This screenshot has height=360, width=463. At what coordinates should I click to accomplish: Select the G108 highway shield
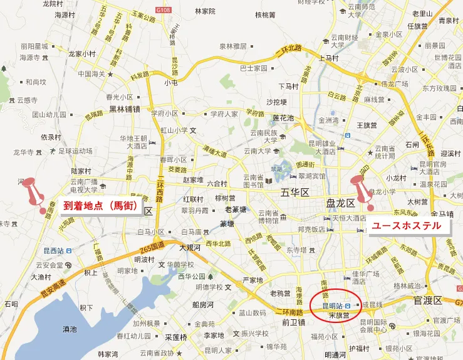164,11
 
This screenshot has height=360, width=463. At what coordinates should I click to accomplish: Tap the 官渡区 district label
428,300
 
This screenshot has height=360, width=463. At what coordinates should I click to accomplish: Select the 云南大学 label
257,151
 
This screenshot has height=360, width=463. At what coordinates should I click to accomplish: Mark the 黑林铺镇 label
125,109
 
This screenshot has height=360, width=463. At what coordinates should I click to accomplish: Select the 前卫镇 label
293,322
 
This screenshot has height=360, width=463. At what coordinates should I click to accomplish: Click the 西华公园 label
192,276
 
